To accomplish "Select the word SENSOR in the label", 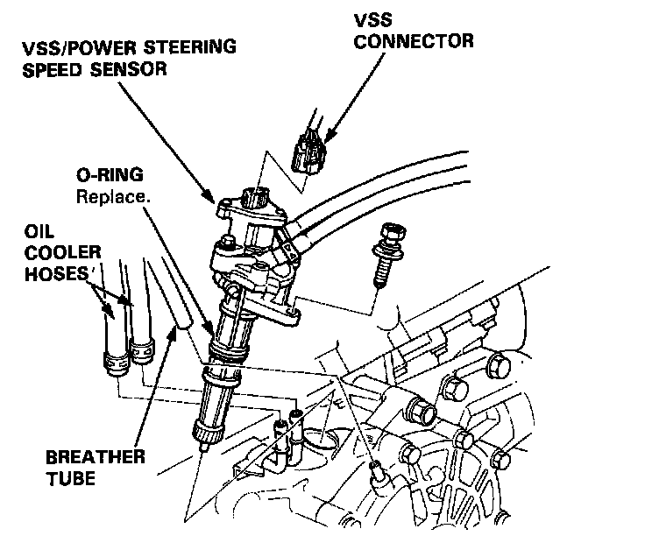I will (x=129, y=69).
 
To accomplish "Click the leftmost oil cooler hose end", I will (x=112, y=360).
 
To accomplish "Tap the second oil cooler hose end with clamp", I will (x=140, y=350).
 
